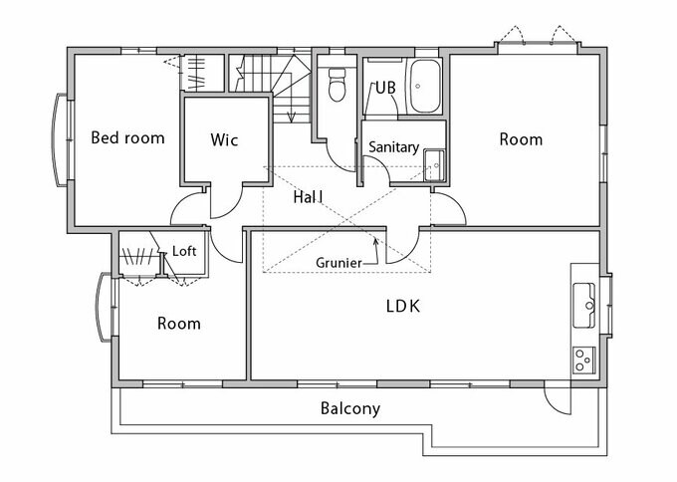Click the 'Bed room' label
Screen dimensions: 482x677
[x=127, y=138]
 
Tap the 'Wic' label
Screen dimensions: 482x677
[x=225, y=139]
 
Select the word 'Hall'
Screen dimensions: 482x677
[x=309, y=197]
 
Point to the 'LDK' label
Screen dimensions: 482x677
[x=403, y=306]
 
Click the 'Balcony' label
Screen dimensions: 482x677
[x=350, y=408]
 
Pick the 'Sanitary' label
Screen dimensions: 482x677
[x=393, y=147]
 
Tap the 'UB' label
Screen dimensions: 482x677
[x=385, y=88]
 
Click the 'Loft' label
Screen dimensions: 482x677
[x=184, y=252]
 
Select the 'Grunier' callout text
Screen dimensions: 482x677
[x=338, y=263]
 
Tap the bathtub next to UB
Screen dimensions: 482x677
[x=425, y=87]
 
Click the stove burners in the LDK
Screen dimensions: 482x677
[x=583, y=356]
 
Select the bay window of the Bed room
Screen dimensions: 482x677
[x=59, y=140]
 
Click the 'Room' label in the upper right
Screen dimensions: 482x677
[x=521, y=139]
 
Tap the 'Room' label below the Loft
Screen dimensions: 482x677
[x=179, y=324]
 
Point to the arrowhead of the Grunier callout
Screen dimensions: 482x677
[x=374, y=238]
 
